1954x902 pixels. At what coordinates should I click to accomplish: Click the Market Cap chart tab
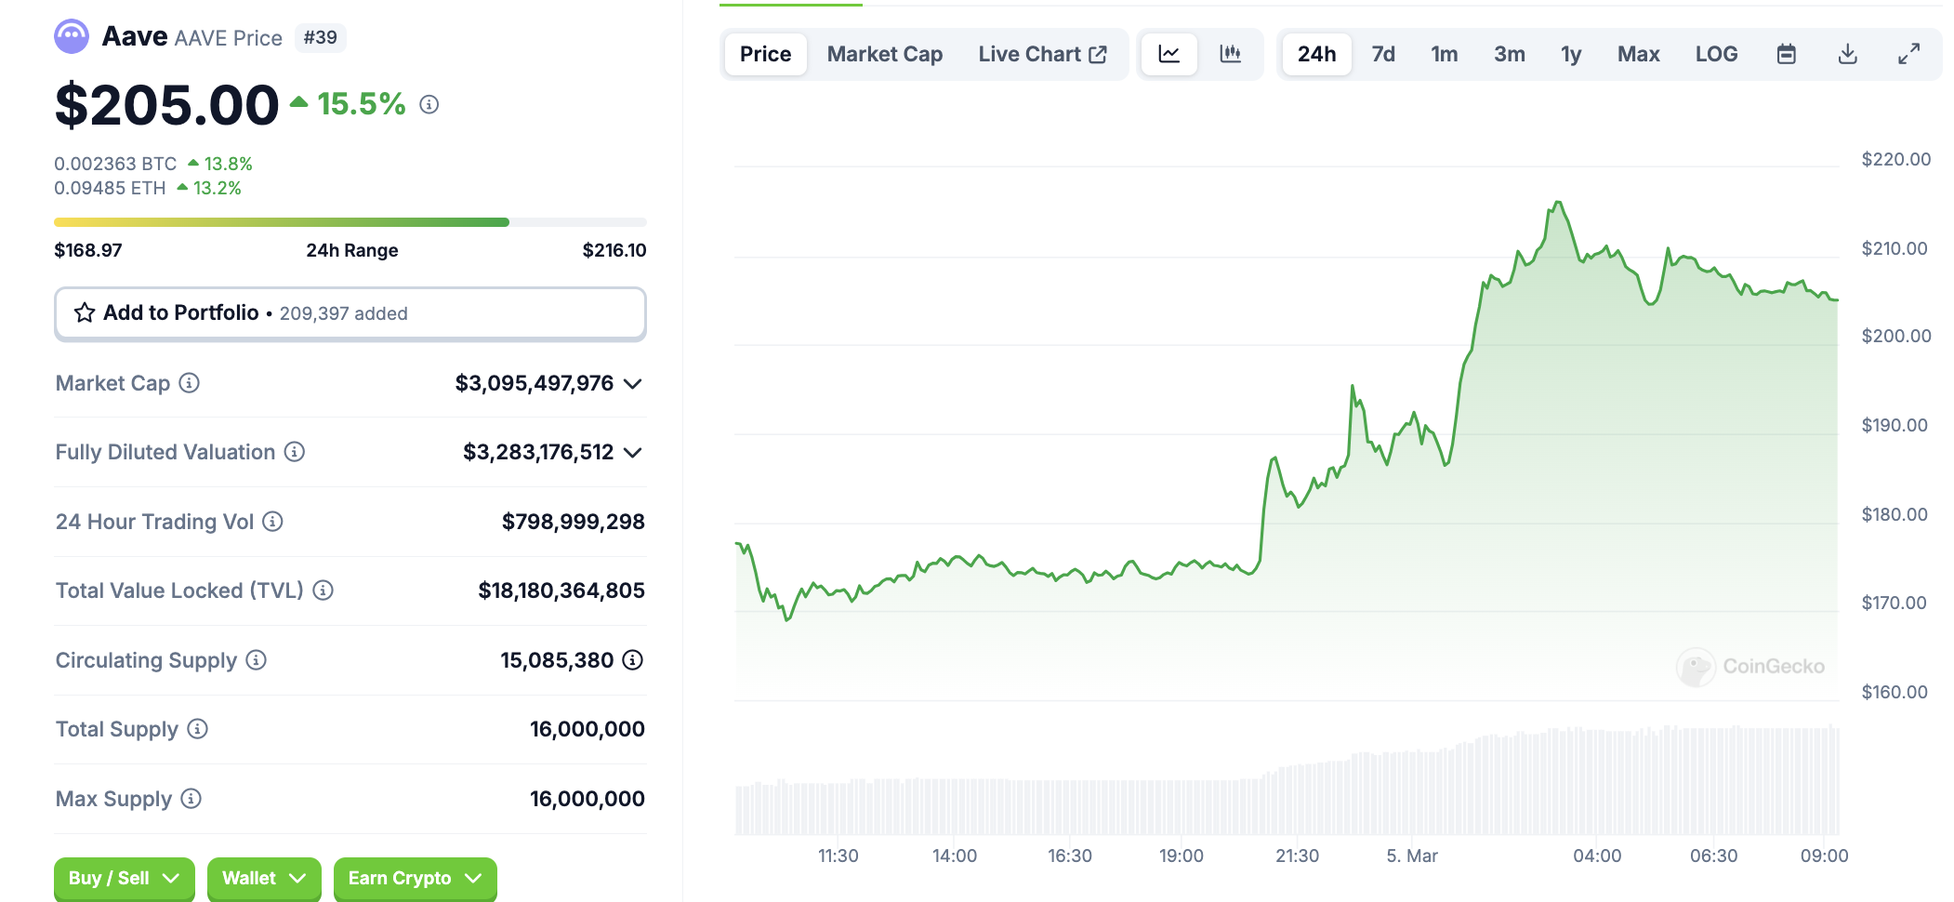pyautogui.click(x=884, y=54)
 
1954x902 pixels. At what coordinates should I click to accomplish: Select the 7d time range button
pyautogui.click(x=1383, y=54)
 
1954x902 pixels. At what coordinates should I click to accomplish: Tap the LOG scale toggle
pyautogui.click(x=1716, y=54)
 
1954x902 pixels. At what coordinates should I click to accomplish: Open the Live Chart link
pyautogui.click(x=1042, y=54)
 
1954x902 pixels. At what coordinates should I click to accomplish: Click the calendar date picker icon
pyautogui.click(x=1786, y=54)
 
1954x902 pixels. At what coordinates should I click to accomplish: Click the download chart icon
pyautogui.click(x=1847, y=54)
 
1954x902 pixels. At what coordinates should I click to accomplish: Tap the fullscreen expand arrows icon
pyautogui.click(x=1908, y=54)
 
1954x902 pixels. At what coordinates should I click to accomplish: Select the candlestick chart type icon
pyautogui.click(x=1230, y=54)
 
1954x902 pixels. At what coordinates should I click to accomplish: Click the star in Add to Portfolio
pyautogui.click(x=85, y=312)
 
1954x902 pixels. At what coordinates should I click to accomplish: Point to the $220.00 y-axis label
pyautogui.click(x=1895, y=159)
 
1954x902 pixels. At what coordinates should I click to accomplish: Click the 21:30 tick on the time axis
pyautogui.click(x=1297, y=856)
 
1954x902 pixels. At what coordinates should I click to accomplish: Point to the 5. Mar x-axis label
pyautogui.click(x=1411, y=856)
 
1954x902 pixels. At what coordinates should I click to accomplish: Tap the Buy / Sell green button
pyautogui.click(x=124, y=878)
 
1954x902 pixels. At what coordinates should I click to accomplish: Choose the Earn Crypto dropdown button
pyautogui.click(x=415, y=878)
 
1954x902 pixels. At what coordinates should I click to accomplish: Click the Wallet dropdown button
pyautogui.click(x=264, y=878)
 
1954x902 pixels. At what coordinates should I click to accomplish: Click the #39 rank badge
pyautogui.click(x=320, y=37)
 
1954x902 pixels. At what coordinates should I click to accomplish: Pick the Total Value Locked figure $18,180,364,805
pyautogui.click(x=561, y=590)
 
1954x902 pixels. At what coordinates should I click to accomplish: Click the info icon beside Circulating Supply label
pyautogui.click(x=256, y=660)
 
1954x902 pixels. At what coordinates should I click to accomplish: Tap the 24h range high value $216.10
pyautogui.click(x=614, y=250)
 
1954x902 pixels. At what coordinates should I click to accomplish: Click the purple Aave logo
pyautogui.click(x=72, y=37)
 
